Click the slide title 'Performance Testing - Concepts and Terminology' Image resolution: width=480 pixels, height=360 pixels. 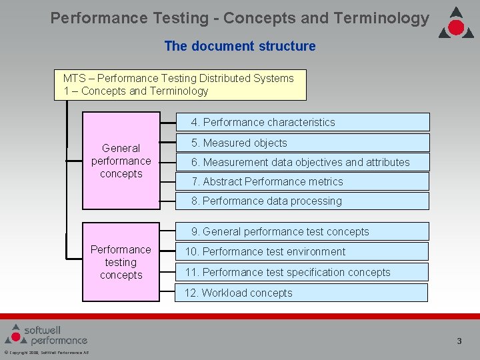pyautogui.click(x=240, y=18)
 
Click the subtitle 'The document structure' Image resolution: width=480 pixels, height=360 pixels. pyautogui.click(x=240, y=46)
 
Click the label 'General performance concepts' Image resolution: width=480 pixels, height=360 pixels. pyautogui.click(x=121, y=161)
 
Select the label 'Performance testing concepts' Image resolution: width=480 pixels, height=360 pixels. pyautogui.click(x=121, y=262)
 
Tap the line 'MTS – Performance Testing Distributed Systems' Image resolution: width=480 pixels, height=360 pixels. pyautogui.click(x=178, y=78)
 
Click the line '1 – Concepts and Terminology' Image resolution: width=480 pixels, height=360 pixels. pyautogui.click(x=135, y=91)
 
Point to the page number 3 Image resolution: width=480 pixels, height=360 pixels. pyautogui.click(x=459, y=341)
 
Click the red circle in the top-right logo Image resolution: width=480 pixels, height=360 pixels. pyautogui.click(x=456, y=27)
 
